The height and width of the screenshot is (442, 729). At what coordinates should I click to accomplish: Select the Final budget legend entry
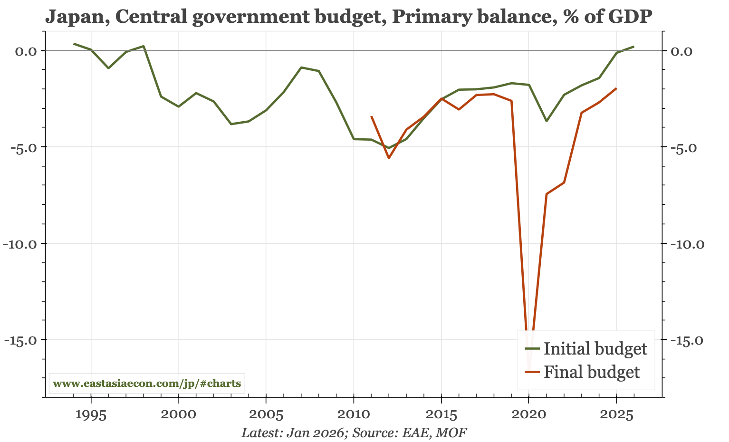click(x=591, y=372)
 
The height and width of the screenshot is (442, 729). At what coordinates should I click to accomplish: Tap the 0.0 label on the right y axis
click(x=683, y=51)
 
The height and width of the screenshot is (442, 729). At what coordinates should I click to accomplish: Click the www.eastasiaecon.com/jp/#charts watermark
click(x=147, y=383)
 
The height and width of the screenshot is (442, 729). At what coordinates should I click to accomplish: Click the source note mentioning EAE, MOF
click(x=354, y=433)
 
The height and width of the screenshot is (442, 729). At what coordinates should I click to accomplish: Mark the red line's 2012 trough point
click(x=389, y=158)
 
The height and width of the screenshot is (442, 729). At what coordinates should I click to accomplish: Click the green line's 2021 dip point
click(x=547, y=121)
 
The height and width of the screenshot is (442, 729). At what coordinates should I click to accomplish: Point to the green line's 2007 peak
click(x=301, y=67)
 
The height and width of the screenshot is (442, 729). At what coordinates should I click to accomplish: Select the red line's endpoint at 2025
click(x=616, y=88)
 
